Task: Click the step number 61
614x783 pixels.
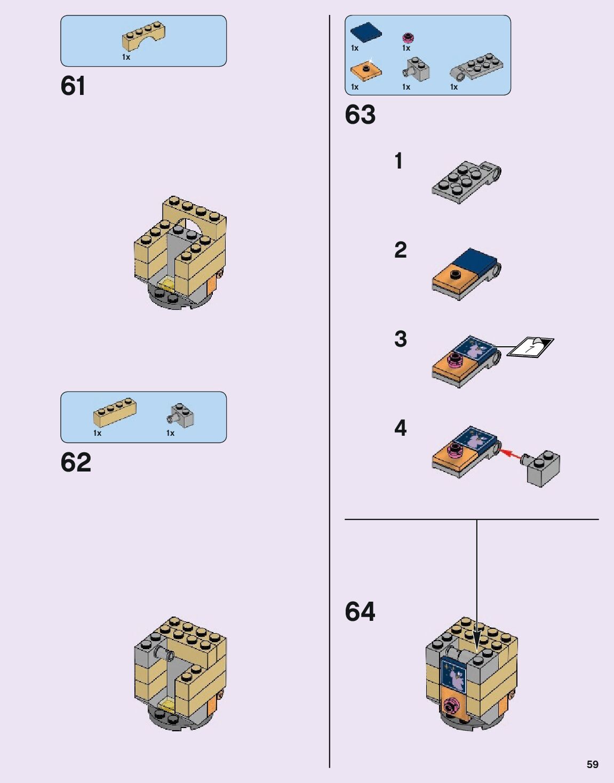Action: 73,86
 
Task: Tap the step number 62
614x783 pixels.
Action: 76,462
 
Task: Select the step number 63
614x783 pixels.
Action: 360,115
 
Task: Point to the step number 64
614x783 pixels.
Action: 360,612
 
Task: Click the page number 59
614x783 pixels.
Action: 592,764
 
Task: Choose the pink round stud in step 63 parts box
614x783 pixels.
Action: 408,38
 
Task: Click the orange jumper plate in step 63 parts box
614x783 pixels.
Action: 366,70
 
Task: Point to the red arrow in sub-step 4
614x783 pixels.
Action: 512,454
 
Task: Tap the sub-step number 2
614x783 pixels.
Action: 400,250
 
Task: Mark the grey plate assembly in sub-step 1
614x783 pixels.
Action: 466,181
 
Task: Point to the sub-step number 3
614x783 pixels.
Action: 400,339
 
